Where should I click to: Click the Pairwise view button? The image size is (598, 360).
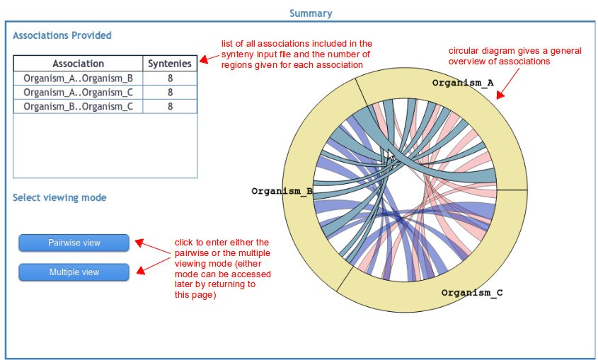[x=74, y=243]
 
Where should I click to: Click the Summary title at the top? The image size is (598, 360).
[x=310, y=13]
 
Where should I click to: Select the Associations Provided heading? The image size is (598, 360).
[x=62, y=35]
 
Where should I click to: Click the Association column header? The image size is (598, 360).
[x=78, y=64]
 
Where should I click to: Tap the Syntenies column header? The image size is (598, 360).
[x=170, y=64]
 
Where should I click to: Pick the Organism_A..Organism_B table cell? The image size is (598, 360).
[x=78, y=78]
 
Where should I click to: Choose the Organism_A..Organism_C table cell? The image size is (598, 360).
[x=78, y=92]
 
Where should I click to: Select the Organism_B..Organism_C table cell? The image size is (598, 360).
[x=78, y=106]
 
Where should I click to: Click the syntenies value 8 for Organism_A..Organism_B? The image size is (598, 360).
[x=170, y=78]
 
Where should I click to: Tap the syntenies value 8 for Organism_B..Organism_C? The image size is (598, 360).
[x=170, y=106]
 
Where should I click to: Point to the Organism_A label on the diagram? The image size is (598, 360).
[x=463, y=83]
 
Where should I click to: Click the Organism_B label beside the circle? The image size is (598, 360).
[x=282, y=191]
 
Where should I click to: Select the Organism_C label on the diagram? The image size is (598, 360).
[x=472, y=292]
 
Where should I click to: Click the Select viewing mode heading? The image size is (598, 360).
[x=59, y=197]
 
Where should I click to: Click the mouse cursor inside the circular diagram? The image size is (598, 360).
[x=390, y=156]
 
